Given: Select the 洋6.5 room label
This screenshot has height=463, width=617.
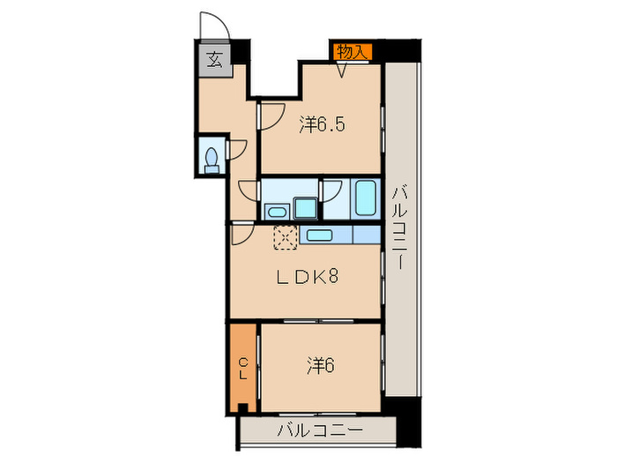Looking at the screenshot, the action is coord(322,124).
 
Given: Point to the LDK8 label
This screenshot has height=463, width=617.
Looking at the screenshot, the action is coord(307,277).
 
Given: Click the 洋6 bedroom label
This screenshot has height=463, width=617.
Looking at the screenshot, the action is coord(321,365).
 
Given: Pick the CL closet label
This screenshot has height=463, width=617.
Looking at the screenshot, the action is coord(243,368).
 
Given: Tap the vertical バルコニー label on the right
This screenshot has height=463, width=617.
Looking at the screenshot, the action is coord(400,228).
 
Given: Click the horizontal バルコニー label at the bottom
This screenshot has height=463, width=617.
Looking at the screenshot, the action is coord(319,430).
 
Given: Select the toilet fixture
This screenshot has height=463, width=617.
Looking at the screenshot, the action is coord(212,160).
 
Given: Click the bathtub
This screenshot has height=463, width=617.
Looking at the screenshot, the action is coord(366,198).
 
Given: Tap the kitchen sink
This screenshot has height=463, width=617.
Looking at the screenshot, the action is coord(319,235).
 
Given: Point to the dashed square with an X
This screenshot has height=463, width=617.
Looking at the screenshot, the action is coord(286,237).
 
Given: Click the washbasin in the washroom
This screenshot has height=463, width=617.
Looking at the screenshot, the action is coord(277,213).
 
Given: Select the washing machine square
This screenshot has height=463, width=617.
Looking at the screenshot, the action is coord(306,208).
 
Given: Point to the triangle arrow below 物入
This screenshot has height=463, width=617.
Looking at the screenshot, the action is coord(343,71).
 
